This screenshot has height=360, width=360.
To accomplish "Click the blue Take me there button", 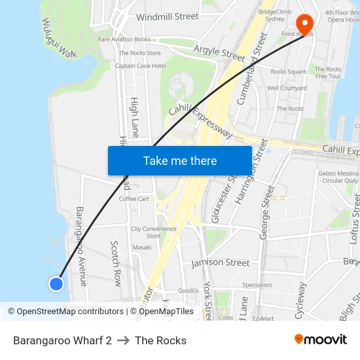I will [x=180, y=160].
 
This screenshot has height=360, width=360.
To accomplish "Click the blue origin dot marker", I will [x=56, y=283].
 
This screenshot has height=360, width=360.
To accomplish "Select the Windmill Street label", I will [x=167, y=16].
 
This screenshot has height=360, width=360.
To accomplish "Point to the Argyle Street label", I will [x=219, y=52].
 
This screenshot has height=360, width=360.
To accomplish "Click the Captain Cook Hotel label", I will [x=140, y=66].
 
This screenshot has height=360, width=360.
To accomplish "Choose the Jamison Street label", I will [x=221, y=262].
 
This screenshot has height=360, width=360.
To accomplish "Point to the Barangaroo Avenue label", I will [x=81, y=246].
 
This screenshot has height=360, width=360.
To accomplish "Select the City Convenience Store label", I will [x=153, y=232].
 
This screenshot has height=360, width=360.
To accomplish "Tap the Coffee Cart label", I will [x=134, y=199].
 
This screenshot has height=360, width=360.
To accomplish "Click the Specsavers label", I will [x=257, y=285].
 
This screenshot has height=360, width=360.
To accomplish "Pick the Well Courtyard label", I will [x=287, y=88].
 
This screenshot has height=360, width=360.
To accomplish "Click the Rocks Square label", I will [x=288, y=71].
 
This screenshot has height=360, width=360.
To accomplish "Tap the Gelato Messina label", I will [x=337, y=173].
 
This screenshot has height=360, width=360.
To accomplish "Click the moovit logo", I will [x=320, y=340].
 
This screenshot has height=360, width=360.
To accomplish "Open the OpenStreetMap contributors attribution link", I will [x=65, y=312].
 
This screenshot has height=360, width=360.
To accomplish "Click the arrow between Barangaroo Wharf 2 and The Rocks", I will [x=123, y=340].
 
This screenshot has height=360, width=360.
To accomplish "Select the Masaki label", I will [x=141, y=247].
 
